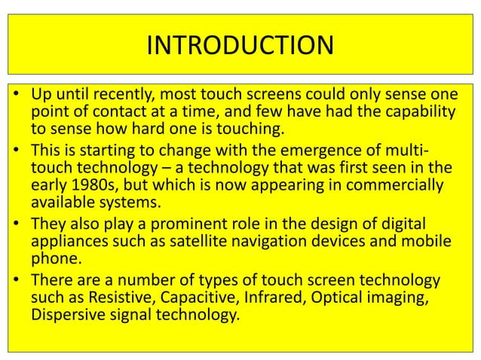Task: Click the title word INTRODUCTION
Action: [x=240, y=44]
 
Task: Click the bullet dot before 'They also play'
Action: [x=15, y=225]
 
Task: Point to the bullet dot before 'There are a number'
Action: [x=15, y=281]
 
